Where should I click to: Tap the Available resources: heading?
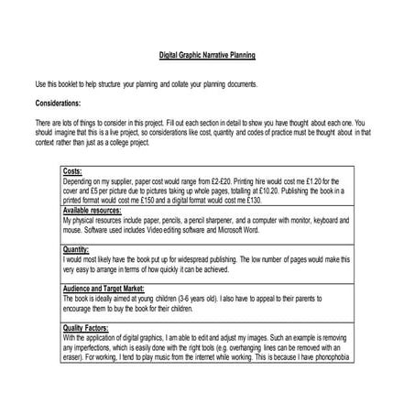(x=95, y=211)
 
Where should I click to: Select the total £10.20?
(x=268, y=191)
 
